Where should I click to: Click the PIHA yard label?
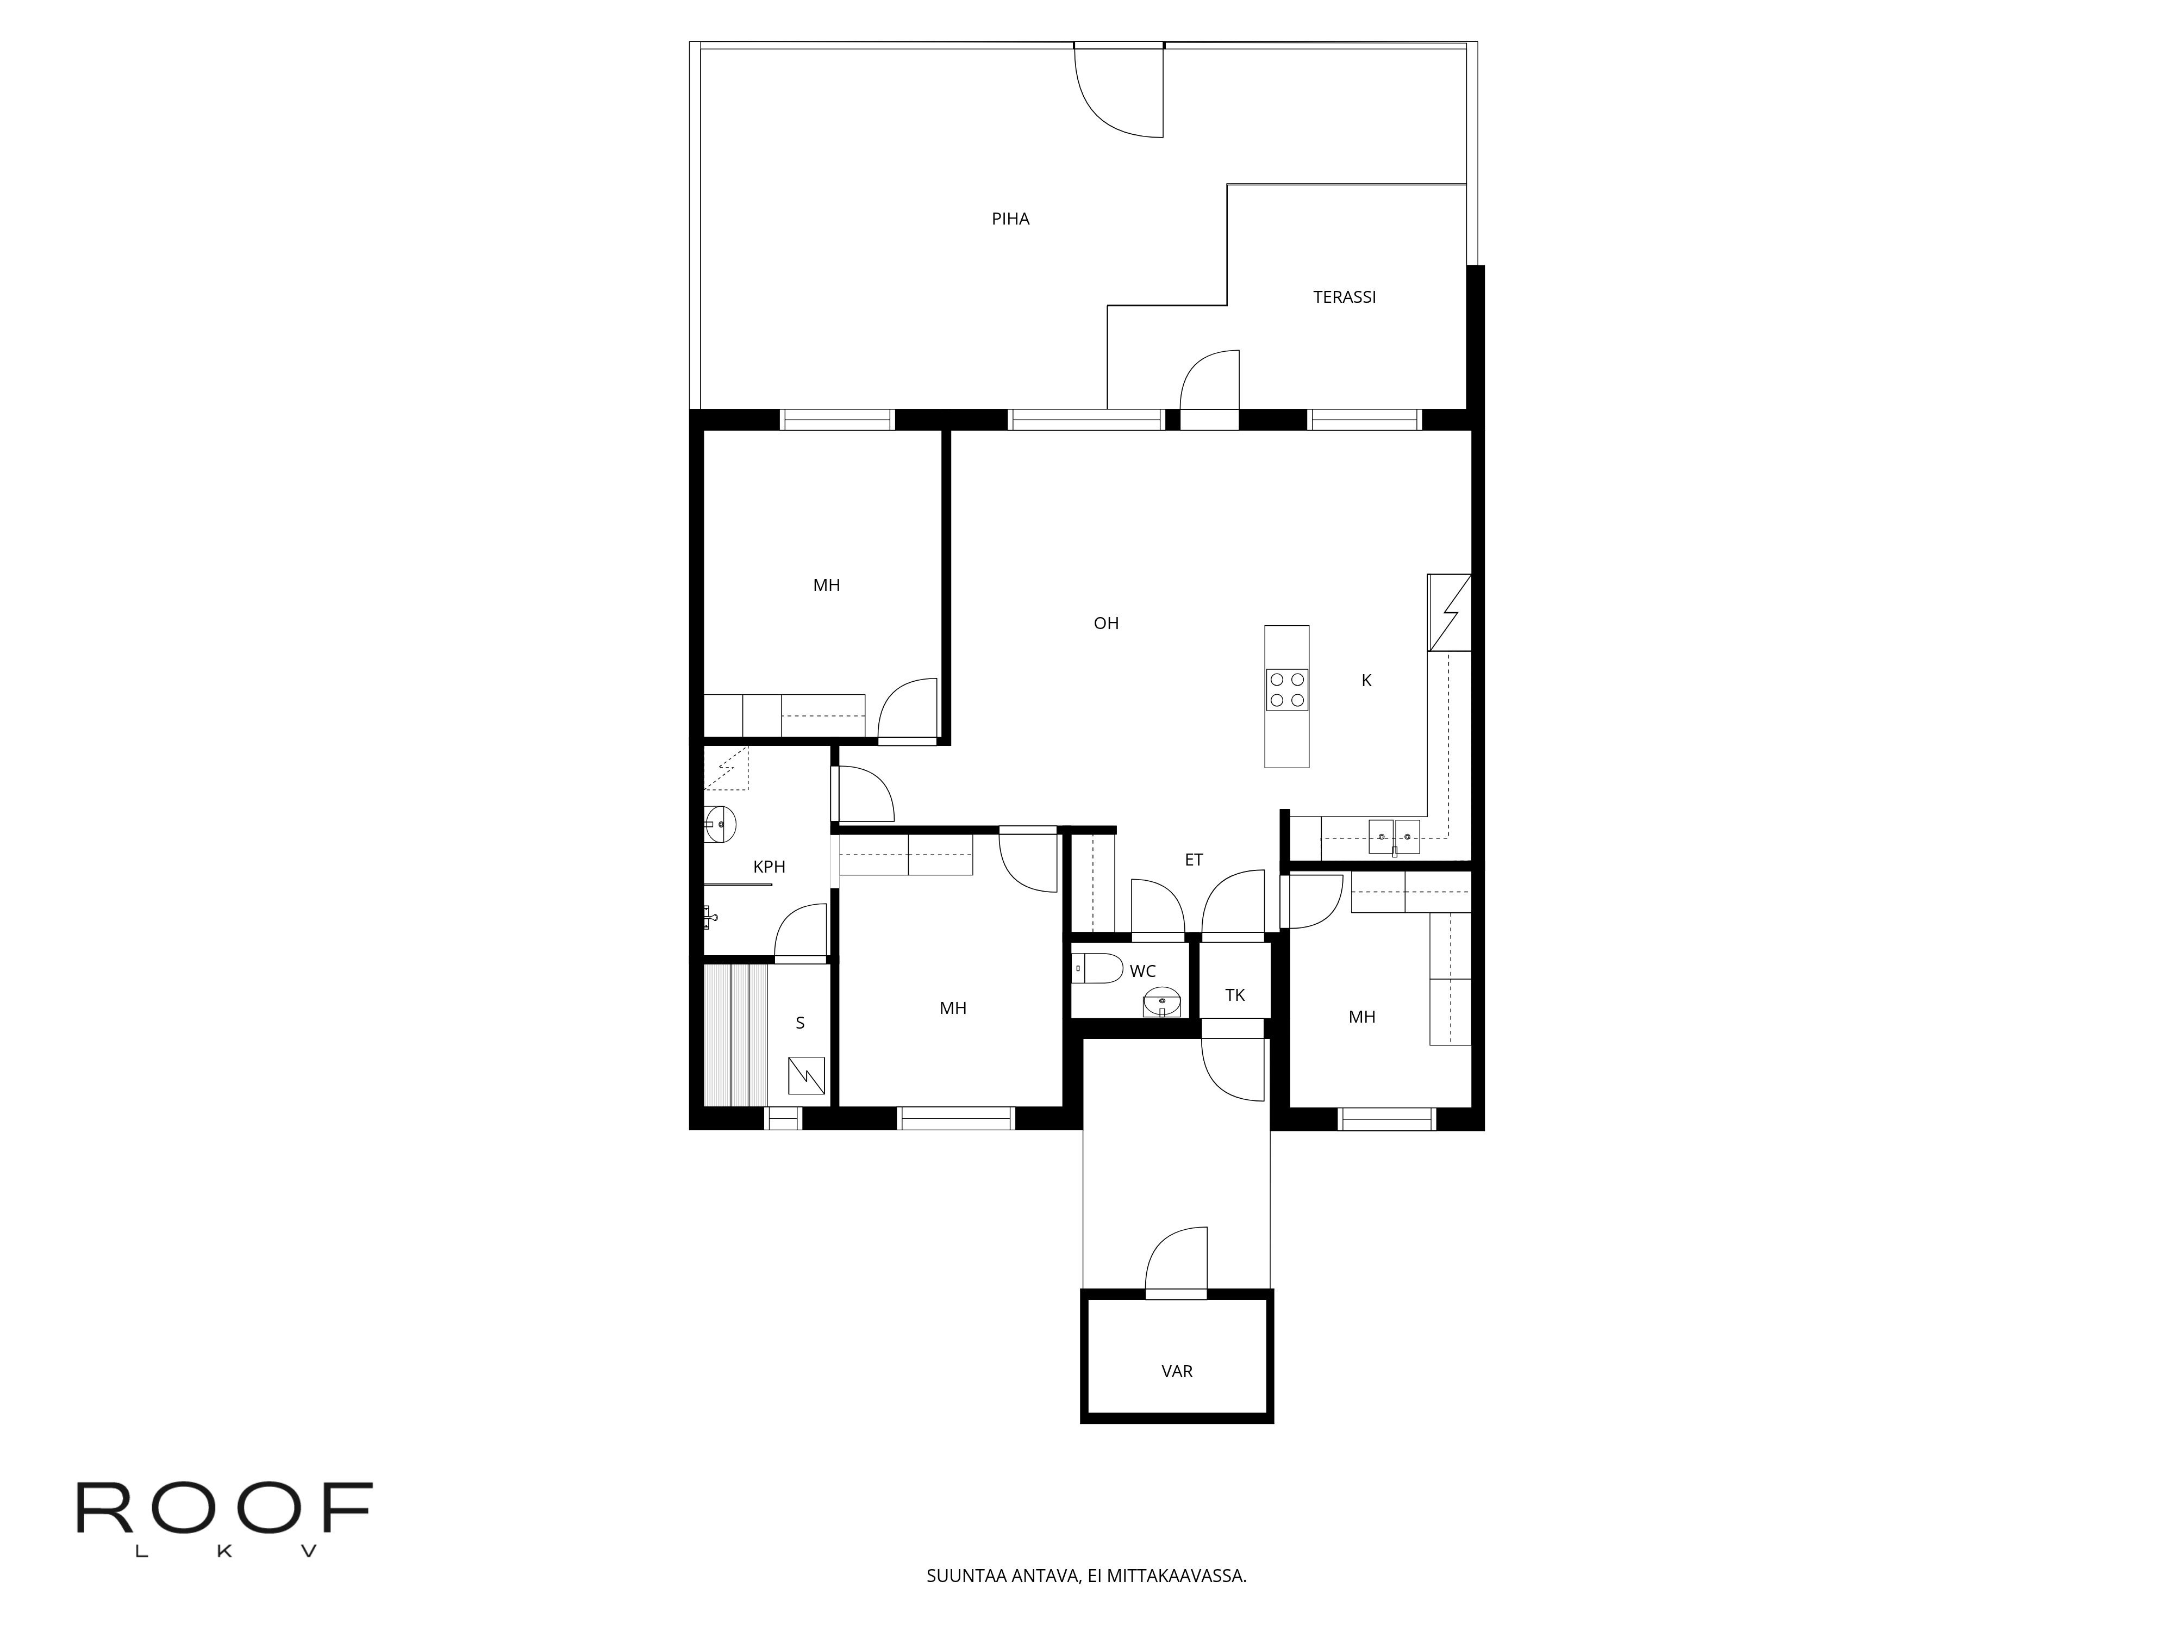coord(1010,219)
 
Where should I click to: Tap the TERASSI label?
coord(1345,297)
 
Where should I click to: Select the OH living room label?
coord(1107,623)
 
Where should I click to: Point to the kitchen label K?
coord(1366,680)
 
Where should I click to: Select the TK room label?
coord(1235,995)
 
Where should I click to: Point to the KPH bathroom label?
coord(770,867)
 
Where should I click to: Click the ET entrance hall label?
coord(1194,860)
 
